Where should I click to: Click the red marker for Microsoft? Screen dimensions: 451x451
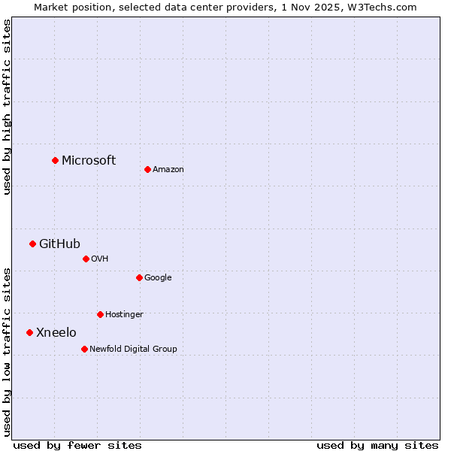point(55,160)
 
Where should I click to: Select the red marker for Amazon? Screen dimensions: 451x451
point(147,169)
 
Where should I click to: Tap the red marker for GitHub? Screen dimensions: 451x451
point(32,244)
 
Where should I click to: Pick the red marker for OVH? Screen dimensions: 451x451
point(86,259)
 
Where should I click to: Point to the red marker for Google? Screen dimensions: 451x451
point(139,277)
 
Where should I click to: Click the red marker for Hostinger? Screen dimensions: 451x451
point(100,314)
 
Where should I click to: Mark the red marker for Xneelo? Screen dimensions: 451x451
point(29,332)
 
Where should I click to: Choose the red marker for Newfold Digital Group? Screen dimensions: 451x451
point(84,349)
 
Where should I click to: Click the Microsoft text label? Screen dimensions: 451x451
point(89,160)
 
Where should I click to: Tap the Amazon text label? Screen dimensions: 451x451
point(168,170)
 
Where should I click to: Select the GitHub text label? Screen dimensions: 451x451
point(59,244)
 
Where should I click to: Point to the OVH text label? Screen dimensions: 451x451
point(100,259)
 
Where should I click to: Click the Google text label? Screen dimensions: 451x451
point(158,278)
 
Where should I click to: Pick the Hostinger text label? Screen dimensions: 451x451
point(124,314)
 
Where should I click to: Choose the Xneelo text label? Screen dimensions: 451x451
point(56,332)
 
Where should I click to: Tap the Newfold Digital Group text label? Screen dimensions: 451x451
point(133,349)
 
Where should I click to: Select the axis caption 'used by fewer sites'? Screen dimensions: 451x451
point(77,445)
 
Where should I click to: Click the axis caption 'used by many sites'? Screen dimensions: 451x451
point(377,445)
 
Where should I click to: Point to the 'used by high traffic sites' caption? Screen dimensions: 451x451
point(7,107)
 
